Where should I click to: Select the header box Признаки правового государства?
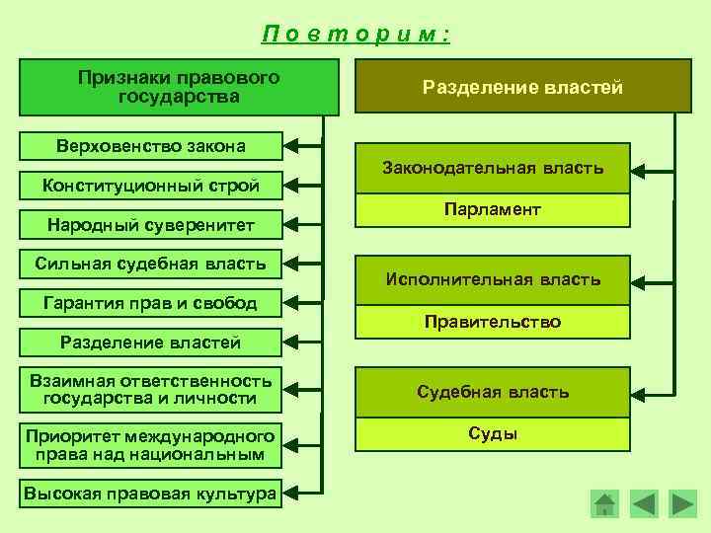[178, 87]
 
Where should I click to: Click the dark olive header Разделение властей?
[522, 87]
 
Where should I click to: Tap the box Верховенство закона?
[150, 146]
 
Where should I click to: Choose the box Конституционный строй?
[150, 185]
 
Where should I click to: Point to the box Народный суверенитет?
[150, 225]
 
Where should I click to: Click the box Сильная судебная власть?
[150, 264]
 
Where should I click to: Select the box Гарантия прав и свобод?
[150, 302]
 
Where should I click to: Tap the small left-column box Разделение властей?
[150, 343]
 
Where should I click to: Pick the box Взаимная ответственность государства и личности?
[150, 390]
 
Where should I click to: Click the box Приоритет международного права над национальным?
[150, 445]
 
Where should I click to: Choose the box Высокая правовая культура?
[150, 494]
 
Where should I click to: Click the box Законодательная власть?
[493, 169]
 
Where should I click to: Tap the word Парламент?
[493, 210]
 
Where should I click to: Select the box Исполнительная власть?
[493, 279]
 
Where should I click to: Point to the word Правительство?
[493, 322]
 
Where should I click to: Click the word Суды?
[493, 433]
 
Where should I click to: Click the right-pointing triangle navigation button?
[681, 503]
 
